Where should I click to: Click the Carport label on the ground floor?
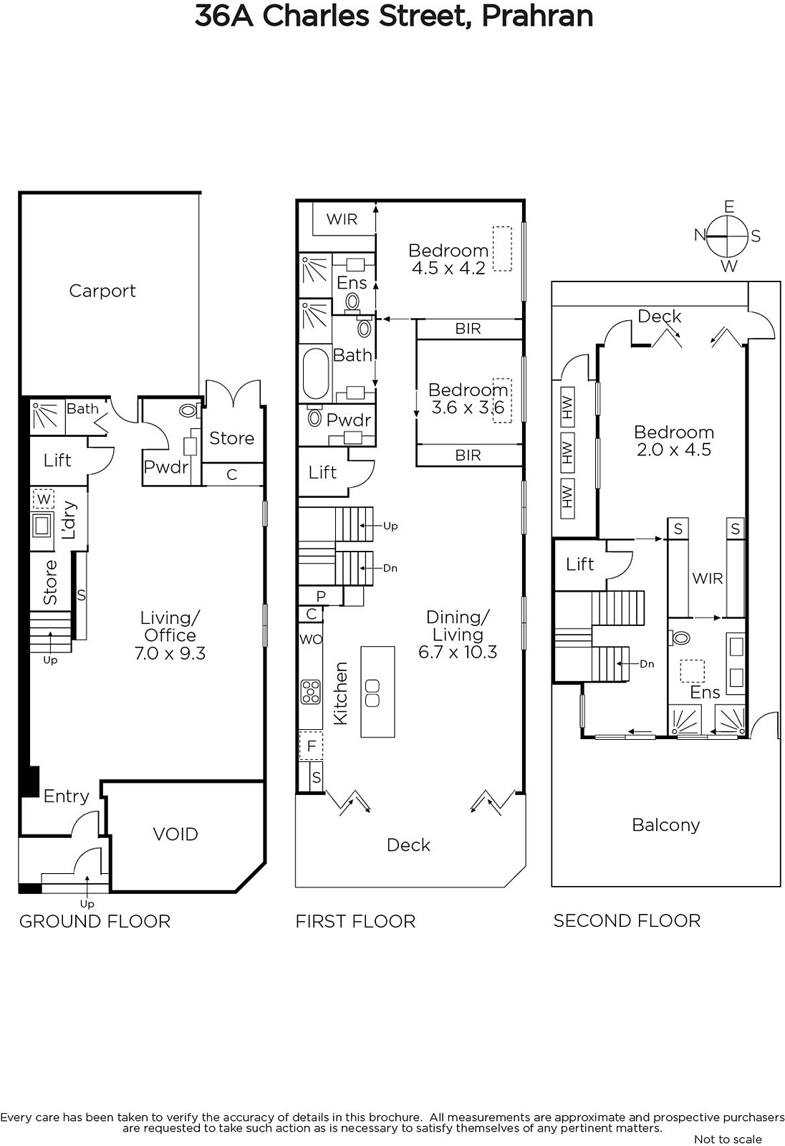(102, 291)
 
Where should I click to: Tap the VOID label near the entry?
(175, 834)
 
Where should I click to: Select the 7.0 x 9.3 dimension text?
(170, 653)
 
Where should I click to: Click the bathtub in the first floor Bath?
(316, 374)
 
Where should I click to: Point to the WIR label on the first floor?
(342, 219)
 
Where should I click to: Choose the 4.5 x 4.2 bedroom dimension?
(448, 268)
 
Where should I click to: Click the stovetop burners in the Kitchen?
(311, 692)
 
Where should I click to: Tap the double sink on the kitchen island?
(372, 693)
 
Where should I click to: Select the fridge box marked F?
(311, 746)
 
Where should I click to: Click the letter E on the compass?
(729, 207)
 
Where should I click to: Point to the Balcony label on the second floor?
(666, 824)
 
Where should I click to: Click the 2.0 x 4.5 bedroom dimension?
(674, 450)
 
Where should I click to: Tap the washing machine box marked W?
(44, 499)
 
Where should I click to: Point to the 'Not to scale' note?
(728, 1139)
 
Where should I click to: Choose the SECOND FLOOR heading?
(627, 921)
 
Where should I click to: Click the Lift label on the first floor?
(322, 472)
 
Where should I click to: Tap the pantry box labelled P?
(321, 596)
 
